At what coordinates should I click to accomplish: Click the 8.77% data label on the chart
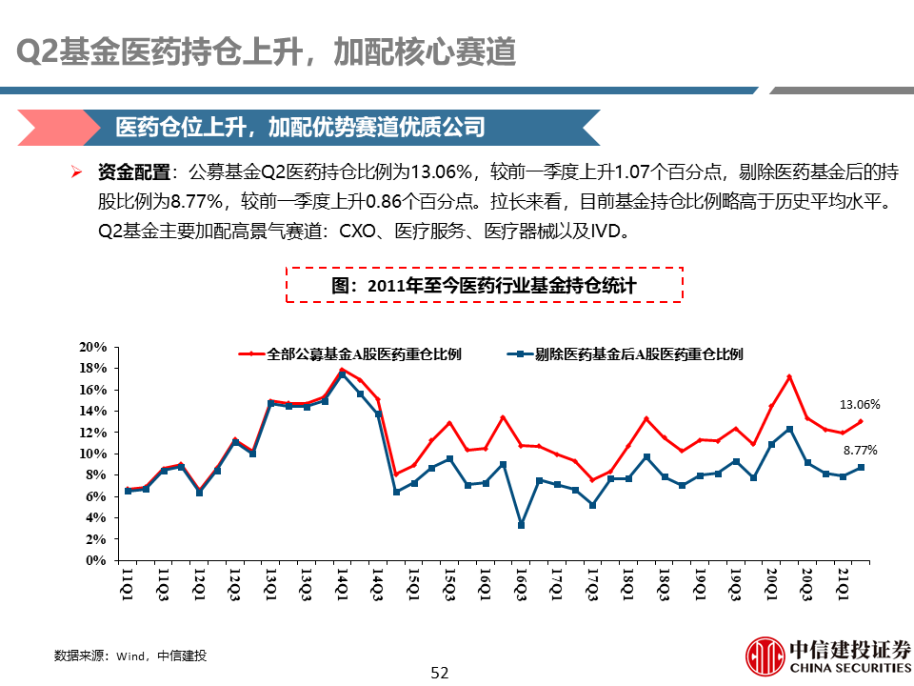861,450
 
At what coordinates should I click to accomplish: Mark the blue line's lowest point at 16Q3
521,525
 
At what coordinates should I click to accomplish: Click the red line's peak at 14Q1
343,370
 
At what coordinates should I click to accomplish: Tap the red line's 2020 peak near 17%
789,377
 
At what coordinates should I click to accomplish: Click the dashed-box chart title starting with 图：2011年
484,285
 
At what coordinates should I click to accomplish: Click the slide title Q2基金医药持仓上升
268,52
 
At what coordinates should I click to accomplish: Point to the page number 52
439,673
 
